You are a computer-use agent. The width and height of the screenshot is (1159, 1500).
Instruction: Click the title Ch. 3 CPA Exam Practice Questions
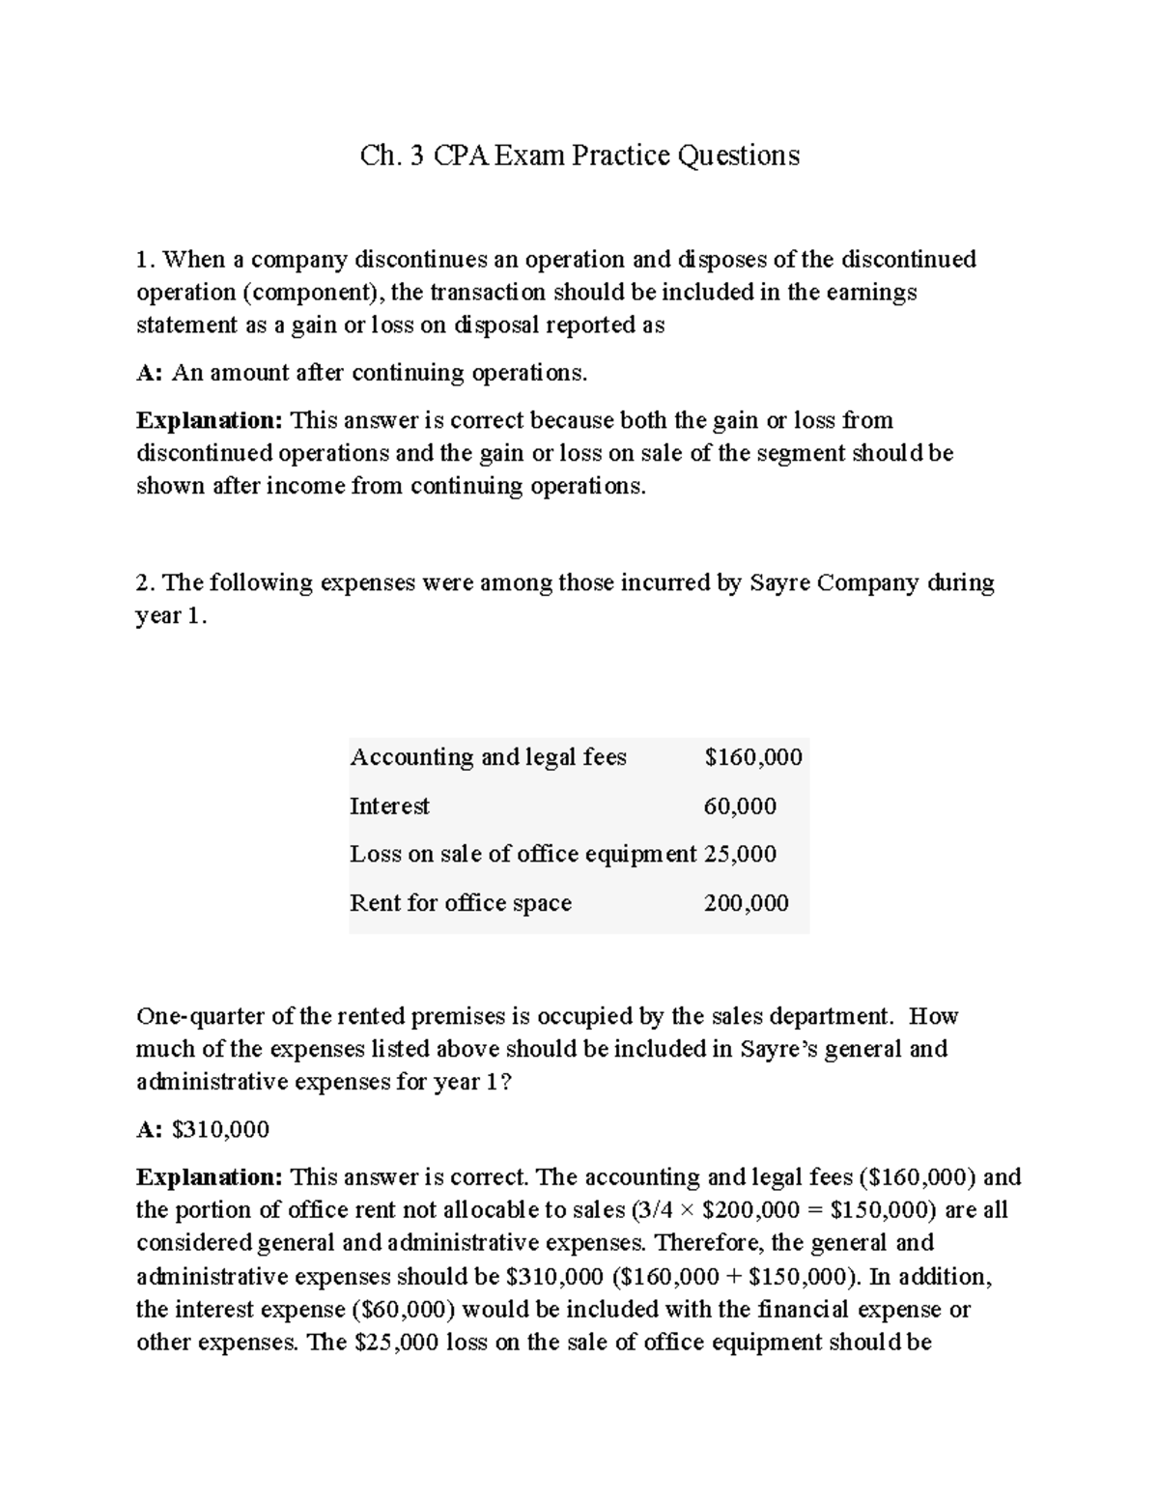(579, 156)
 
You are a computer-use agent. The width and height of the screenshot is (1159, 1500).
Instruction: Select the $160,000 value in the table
(753, 757)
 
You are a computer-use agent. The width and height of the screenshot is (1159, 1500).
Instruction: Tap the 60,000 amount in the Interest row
(740, 807)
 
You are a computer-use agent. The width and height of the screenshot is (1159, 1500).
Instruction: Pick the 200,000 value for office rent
(746, 903)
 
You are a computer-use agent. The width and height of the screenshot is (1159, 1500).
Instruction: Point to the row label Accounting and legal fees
(488, 757)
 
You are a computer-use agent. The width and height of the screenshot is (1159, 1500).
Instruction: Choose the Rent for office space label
(461, 903)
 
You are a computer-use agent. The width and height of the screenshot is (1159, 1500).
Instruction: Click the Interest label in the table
(389, 807)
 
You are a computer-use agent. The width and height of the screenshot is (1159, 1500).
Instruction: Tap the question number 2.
(145, 583)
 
